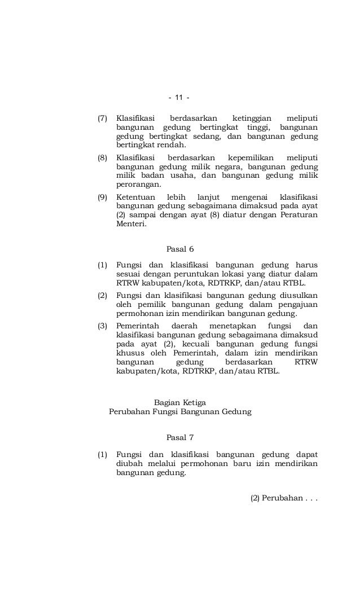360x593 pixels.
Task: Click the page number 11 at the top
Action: pos(179,99)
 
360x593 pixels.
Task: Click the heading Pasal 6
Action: pos(181,249)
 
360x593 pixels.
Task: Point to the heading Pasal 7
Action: pos(181,437)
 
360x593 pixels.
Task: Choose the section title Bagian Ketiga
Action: pos(180,402)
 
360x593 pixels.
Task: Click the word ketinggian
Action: pos(255,118)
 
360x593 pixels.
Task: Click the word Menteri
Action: pos(130,223)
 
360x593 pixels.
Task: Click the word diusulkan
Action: pos(298,296)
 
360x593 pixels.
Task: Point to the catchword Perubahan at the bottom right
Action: pos(281,498)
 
